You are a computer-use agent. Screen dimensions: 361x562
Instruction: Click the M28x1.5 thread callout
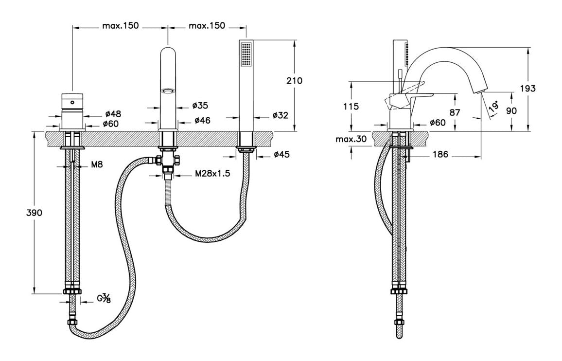click(212, 174)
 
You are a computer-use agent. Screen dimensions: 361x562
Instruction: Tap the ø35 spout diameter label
click(200, 105)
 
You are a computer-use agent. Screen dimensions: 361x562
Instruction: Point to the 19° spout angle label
click(494, 106)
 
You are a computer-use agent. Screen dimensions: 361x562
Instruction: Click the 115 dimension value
click(351, 107)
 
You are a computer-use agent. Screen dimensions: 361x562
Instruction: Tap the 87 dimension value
click(455, 111)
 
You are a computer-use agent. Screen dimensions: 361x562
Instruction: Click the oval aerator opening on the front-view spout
click(169, 90)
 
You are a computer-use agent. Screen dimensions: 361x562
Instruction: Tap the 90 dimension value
click(511, 110)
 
